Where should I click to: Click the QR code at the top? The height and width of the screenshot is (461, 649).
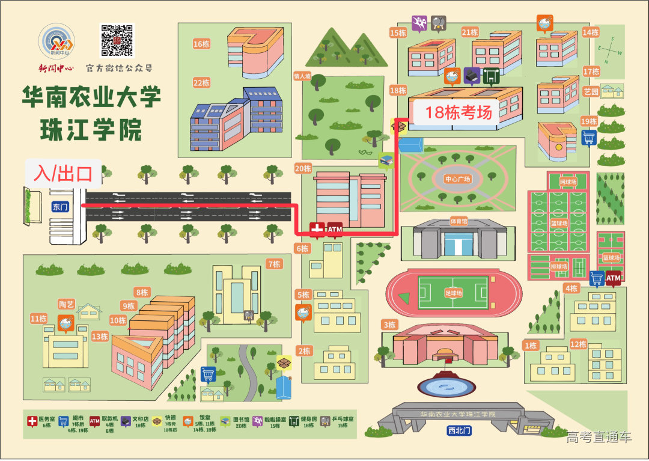[117, 40]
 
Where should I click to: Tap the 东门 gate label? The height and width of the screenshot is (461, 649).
[61, 207]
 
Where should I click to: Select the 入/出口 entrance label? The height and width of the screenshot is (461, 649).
[62, 173]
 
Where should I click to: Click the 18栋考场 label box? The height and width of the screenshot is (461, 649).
[458, 112]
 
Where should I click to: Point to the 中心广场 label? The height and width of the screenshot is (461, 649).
[457, 179]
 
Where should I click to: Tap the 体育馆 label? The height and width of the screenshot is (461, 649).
[459, 221]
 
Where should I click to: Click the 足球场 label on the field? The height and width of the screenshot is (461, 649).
[454, 293]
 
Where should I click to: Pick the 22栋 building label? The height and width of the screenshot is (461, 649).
[201, 83]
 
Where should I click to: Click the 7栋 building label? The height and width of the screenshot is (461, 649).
[274, 264]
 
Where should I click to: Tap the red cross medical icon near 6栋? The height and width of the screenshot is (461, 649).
[316, 229]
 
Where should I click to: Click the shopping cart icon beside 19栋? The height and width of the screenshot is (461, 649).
[589, 138]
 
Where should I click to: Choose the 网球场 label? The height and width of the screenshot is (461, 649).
[568, 181]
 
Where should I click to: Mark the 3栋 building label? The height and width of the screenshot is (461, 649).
[389, 325]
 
